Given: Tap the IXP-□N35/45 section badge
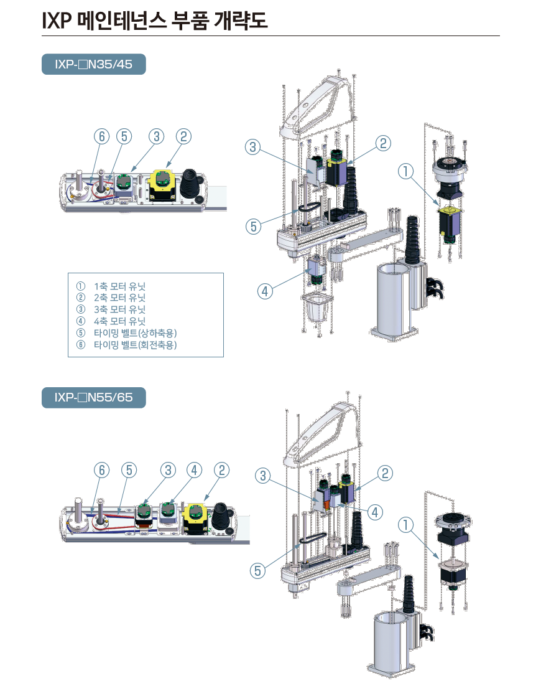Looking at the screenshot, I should point(93,64).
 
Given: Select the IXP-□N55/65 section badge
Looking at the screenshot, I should point(93,397).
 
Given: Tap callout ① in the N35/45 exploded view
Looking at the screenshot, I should point(405,170).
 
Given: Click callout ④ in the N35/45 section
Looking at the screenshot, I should point(264,290).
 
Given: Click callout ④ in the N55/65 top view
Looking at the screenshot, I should point(194,469).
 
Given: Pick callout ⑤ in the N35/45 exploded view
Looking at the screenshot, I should point(253,227).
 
